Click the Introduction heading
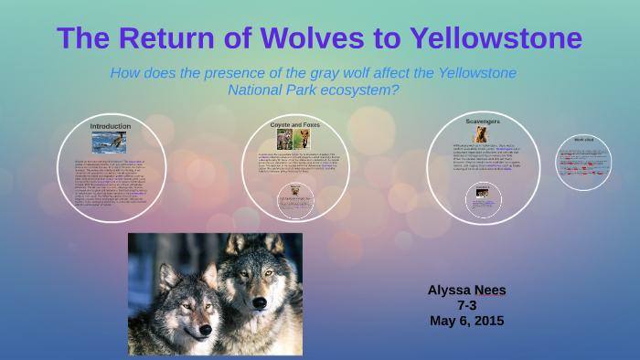(110, 126)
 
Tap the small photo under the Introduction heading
(109, 142)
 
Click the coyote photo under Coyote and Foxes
(284, 139)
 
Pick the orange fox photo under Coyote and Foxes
(302, 139)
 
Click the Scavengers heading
(482, 121)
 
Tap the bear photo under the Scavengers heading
(480, 135)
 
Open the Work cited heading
(583, 140)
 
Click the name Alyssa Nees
(466, 290)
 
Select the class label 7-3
(467, 305)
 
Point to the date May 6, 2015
(466, 321)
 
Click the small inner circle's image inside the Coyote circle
(294, 195)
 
